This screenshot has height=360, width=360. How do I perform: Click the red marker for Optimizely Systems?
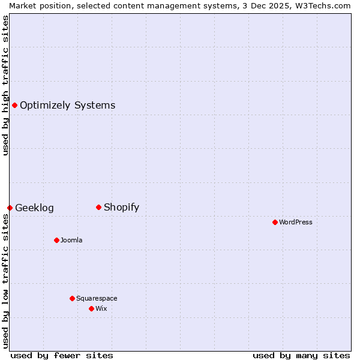pos(14,106)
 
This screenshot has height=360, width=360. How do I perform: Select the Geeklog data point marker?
pos(10,208)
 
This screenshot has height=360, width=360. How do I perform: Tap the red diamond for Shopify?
pos(98,208)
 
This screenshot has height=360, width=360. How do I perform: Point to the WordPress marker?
pos(275,222)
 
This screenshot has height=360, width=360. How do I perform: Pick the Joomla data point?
pos(56,240)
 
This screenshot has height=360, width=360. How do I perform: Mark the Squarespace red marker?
pos(72,298)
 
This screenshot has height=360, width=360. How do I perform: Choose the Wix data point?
pos(91,308)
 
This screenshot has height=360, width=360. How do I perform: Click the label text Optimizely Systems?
pos(67,106)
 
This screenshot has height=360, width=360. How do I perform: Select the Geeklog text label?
pos(34,208)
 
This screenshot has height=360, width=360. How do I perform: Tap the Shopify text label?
pos(121,208)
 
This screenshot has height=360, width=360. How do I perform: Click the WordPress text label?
pos(296,222)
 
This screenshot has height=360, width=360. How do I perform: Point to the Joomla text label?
pos(71,240)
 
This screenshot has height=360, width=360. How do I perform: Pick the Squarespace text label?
pos(97,298)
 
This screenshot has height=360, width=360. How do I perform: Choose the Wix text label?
pos(101,308)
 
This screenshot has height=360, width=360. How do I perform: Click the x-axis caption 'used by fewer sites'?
pos(62,355)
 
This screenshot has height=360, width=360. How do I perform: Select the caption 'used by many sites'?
pos(301,355)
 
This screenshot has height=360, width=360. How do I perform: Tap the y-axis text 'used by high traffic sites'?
pos(5,85)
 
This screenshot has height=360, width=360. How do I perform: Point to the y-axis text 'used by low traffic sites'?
pos(5,281)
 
